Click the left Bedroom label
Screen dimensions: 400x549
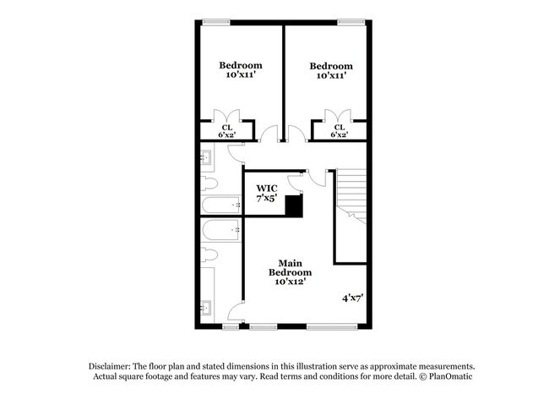(241, 69)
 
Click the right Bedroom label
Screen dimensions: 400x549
(330, 70)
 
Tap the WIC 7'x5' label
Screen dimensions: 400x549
(267, 191)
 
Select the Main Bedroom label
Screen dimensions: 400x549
(290, 272)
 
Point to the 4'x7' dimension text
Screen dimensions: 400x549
(353, 298)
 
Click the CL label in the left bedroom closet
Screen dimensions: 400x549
(226, 130)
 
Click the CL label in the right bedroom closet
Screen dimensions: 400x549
(339, 130)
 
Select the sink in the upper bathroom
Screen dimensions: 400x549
(208, 156)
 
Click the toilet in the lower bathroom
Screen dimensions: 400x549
(210, 254)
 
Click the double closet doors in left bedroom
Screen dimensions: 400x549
(226, 117)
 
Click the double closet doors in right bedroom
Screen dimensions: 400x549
(340, 117)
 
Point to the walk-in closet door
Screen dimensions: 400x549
(295, 181)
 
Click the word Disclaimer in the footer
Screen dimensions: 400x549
(113, 364)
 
